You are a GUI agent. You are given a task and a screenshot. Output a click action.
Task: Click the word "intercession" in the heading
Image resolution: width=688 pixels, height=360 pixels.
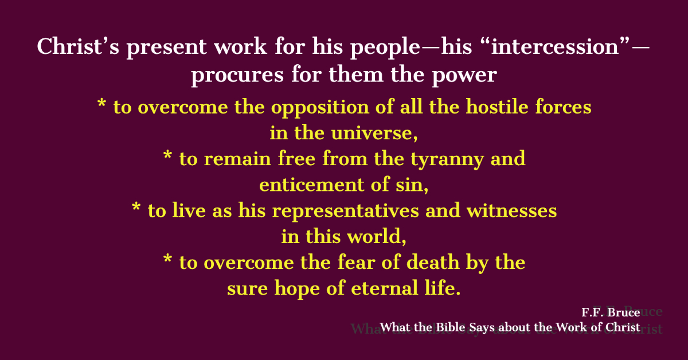[x=555, y=46]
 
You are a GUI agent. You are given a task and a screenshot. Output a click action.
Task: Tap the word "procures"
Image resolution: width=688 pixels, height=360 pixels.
[x=237, y=76]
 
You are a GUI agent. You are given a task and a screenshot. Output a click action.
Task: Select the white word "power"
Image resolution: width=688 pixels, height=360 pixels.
[x=464, y=76]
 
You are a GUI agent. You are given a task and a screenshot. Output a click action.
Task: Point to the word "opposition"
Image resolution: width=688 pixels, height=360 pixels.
[x=320, y=108]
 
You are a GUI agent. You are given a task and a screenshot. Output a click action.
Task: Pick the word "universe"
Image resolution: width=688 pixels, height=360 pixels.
[x=373, y=133]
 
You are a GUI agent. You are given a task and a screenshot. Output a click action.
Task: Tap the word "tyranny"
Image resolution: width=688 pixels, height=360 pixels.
[x=447, y=160]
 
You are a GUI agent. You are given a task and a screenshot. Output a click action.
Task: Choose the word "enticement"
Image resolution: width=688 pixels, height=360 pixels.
[x=311, y=185]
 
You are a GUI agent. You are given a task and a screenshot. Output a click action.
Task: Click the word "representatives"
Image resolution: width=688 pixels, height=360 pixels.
[x=346, y=212]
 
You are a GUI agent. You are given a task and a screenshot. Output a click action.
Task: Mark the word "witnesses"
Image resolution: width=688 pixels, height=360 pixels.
[x=511, y=211]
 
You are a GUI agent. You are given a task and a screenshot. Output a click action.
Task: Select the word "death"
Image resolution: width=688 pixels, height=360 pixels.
[x=433, y=262]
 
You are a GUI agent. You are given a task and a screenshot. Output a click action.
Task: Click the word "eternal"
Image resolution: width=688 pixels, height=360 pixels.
[x=384, y=288]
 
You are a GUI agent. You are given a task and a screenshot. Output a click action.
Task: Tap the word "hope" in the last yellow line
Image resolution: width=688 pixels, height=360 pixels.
[x=297, y=289]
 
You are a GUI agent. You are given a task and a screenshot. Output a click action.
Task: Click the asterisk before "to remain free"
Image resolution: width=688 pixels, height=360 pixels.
[x=167, y=155]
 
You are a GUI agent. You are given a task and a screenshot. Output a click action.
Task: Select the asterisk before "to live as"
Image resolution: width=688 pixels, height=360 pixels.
[x=136, y=206]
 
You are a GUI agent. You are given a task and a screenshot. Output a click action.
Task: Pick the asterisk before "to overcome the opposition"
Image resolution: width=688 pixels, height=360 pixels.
[x=101, y=103]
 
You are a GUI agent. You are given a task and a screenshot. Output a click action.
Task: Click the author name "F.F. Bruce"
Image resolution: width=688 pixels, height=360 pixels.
[x=611, y=312]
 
